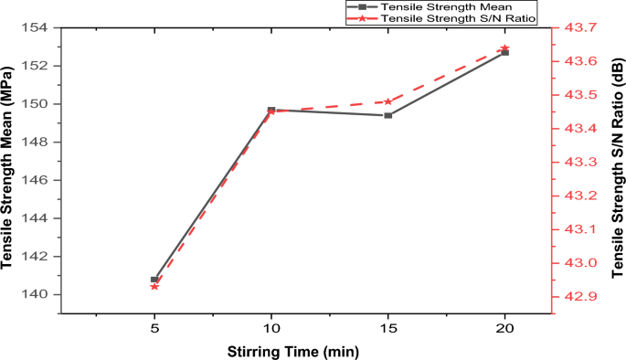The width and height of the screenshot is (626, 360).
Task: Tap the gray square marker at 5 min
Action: pyautogui.click(x=154, y=280)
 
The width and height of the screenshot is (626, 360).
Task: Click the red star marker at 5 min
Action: pyautogui.click(x=154, y=287)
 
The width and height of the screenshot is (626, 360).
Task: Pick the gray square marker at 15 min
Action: pyautogui.click(x=388, y=115)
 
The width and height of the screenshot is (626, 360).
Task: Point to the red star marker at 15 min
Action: pyautogui.click(x=388, y=101)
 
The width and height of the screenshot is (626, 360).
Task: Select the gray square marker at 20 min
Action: pyautogui.click(x=505, y=53)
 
